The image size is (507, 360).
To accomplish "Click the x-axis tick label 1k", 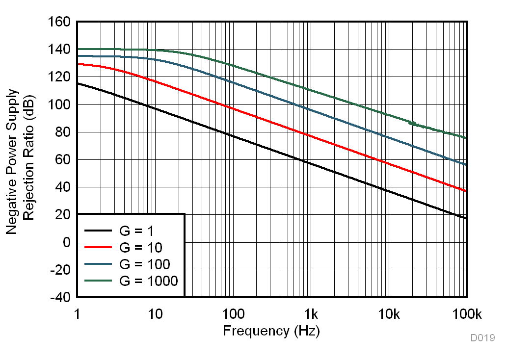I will pos(311,314).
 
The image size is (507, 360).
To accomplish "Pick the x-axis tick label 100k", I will pos(466,314).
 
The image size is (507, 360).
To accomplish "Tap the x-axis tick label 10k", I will pos(388,314).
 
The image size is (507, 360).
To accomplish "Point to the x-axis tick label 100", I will pos(233,314).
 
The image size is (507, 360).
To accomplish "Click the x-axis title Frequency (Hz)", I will pos(271,331).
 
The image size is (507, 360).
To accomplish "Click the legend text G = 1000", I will pos(149,281).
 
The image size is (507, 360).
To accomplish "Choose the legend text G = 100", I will pos(145,265).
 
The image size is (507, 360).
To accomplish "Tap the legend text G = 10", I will pos(141,247).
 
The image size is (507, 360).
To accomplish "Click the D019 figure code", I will pos(482,338).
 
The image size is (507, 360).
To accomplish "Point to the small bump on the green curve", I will pos(413,124).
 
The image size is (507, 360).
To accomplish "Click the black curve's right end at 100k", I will pos(466,218).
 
